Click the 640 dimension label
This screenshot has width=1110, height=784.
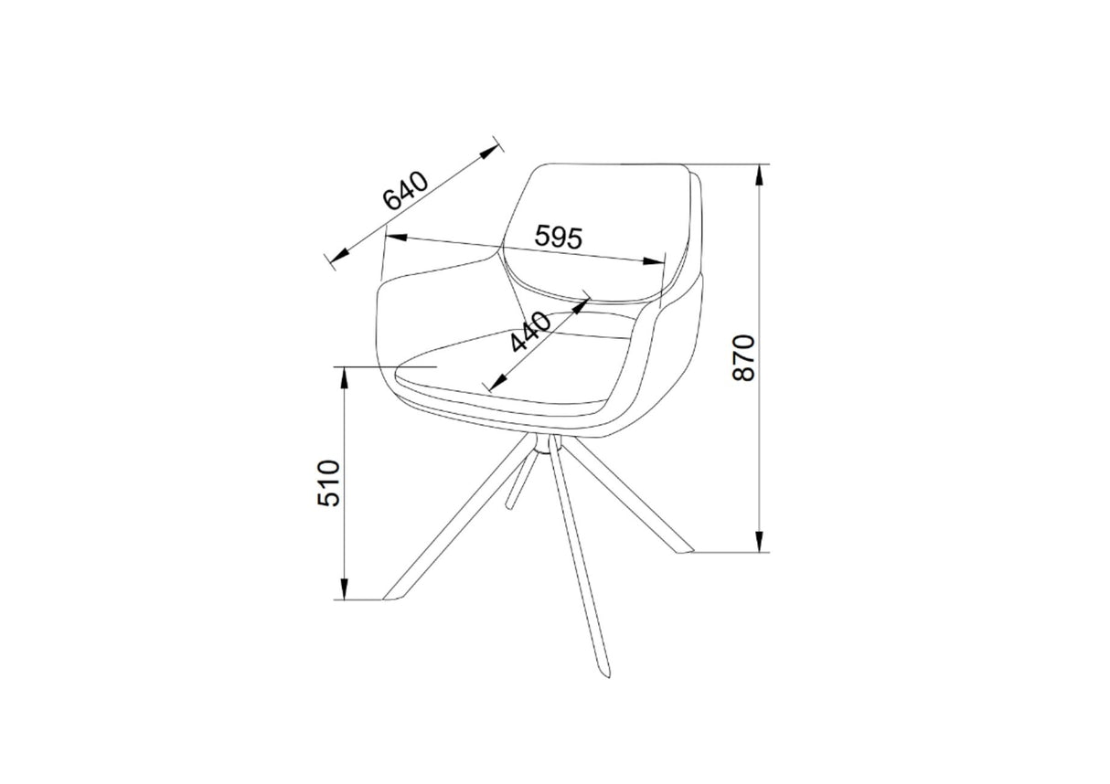(x=405, y=192)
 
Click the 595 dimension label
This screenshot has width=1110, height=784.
(x=558, y=238)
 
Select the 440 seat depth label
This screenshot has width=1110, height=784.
(x=531, y=332)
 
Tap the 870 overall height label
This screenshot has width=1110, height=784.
(x=744, y=357)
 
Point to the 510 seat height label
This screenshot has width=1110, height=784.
(x=329, y=482)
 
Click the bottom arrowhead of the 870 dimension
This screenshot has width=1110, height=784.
(x=759, y=546)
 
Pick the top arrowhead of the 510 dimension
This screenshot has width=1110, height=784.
(x=344, y=374)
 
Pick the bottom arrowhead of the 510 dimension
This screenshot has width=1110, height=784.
(x=344, y=592)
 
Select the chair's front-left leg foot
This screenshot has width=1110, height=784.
(x=394, y=597)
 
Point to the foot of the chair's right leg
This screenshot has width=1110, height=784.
(x=683, y=551)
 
